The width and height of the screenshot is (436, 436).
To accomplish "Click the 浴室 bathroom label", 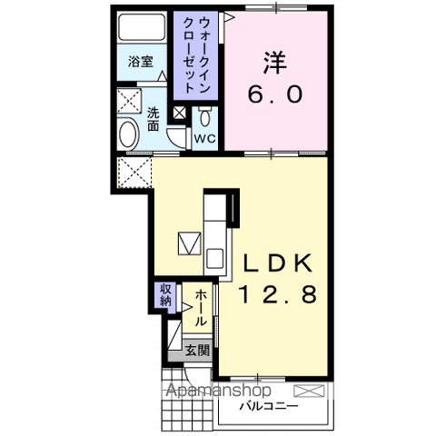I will pos(140,62).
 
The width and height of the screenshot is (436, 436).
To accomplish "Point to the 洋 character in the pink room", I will pos(276,62).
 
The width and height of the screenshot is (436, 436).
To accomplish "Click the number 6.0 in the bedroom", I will pos(275,93).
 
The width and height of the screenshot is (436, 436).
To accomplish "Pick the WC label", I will pos(204,139).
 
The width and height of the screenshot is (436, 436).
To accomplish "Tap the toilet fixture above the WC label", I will pos(206,116).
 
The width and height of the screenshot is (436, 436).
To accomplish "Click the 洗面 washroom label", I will pos(154,120).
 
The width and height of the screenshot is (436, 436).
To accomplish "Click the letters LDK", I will pos(276,263).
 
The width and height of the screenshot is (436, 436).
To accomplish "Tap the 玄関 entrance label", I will pos(197,349).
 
